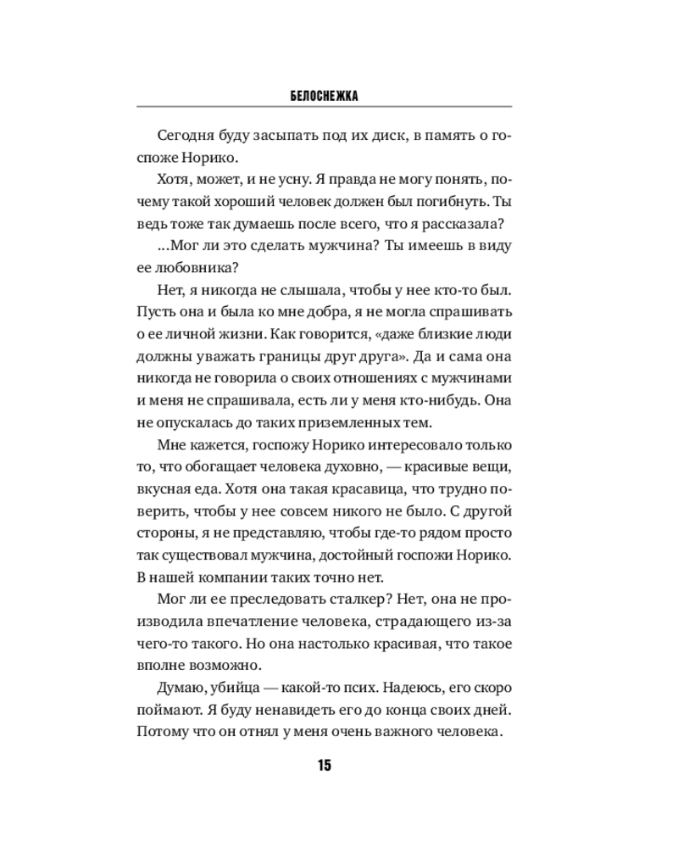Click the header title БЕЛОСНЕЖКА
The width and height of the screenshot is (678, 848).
tap(324, 96)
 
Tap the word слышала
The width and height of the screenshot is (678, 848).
tap(296, 289)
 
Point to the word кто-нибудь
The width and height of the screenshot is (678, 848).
tap(444, 399)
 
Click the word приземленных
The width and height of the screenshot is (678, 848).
tap(328, 421)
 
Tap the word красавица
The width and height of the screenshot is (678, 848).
tap(323, 488)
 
